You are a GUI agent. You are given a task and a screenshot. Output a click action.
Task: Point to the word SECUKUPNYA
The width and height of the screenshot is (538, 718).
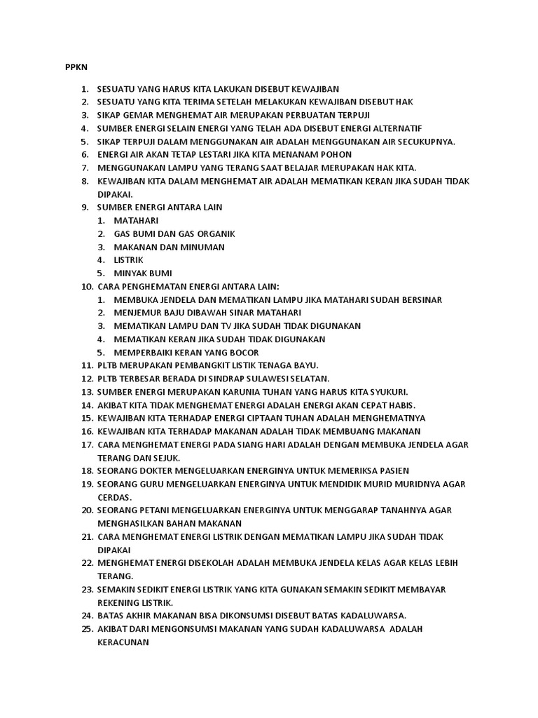coord(423,142)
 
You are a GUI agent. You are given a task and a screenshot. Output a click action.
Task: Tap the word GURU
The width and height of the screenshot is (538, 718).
coord(153,484)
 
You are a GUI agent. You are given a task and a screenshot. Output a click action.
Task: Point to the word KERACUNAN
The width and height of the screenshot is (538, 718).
coord(123,642)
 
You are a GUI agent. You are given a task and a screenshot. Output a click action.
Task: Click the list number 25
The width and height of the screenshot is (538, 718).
coord(87,629)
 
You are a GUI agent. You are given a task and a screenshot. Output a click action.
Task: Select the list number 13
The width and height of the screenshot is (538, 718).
coord(87,392)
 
